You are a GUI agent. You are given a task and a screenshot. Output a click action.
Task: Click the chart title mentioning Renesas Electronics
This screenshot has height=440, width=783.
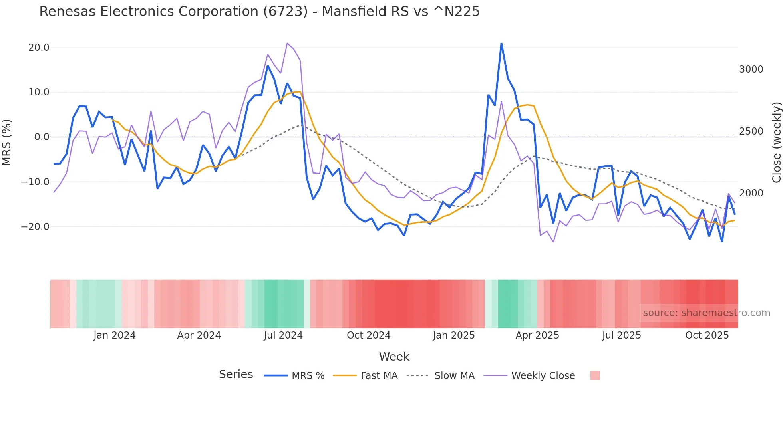coord(259,12)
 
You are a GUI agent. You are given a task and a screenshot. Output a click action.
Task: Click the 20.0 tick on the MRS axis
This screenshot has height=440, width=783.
coord(39,48)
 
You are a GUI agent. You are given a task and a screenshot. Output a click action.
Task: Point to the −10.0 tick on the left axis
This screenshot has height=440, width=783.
coord(35,182)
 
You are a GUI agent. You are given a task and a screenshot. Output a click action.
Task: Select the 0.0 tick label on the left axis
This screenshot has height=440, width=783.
coord(42,137)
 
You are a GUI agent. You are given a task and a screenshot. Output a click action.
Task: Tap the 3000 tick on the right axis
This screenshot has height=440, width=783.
coord(751,69)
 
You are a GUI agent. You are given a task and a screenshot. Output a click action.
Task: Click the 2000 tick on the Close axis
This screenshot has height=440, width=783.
coord(751,193)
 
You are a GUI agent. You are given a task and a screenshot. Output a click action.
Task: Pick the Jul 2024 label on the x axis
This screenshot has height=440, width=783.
coord(283,335)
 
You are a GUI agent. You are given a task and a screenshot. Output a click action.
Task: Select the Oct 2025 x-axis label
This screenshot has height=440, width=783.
coord(707,335)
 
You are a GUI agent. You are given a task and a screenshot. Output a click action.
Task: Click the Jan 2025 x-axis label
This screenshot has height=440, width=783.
coord(453,335)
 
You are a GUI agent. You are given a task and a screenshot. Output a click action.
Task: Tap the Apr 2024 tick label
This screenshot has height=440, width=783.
coord(199,335)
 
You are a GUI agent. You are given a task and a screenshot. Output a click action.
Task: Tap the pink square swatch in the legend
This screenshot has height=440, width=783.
coord(595,375)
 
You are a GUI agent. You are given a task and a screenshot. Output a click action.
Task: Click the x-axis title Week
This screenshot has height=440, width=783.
coord(394,357)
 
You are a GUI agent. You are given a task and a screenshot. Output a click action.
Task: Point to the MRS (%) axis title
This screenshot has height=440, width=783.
coord(7,142)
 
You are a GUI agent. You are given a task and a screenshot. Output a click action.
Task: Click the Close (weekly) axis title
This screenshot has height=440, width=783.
coord(776,142)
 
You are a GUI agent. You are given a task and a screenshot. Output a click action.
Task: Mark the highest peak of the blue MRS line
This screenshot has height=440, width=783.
coord(501,44)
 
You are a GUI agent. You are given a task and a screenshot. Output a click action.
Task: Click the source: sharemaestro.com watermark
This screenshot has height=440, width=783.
coord(706,313)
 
